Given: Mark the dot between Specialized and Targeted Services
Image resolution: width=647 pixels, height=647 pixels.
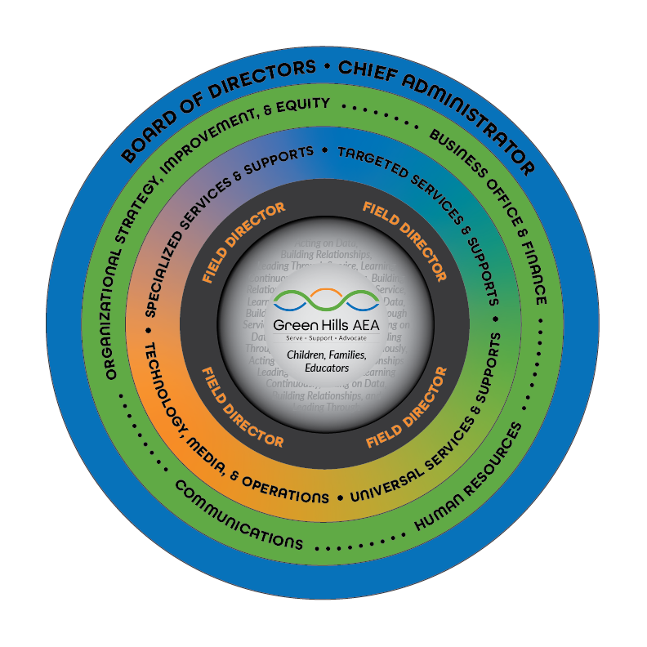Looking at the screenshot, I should point(325,150).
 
